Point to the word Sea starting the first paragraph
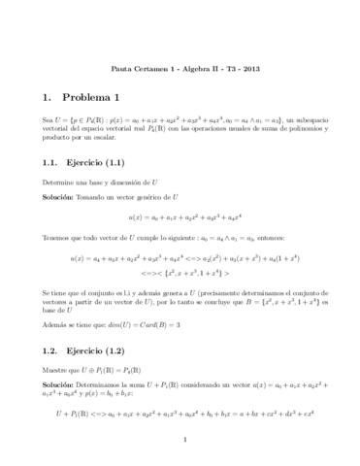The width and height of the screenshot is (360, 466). click(x=48, y=117)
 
